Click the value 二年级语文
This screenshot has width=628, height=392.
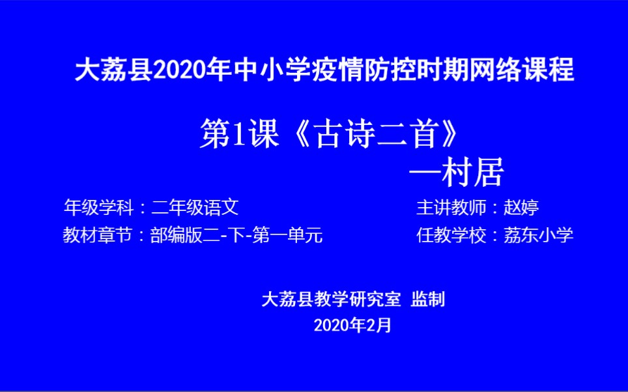(195, 208)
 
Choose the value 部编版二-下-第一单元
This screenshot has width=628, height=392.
(236, 235)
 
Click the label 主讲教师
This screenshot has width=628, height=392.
(451, 208)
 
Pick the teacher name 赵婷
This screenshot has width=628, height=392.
(521, 208)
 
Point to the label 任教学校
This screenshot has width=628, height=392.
(451, 235)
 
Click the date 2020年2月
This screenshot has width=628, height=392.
(352, 325)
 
